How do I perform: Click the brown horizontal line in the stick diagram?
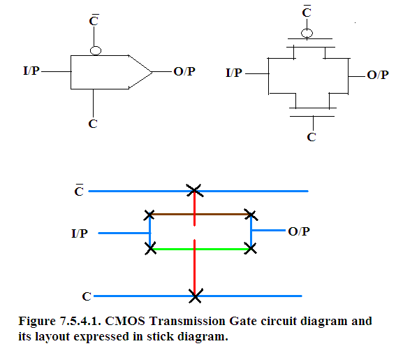(x=200, y=214)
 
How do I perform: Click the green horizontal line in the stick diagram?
(x=200, y=249)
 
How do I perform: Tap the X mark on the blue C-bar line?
(x=195, y=191)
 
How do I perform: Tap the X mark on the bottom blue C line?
(x=196, y=296)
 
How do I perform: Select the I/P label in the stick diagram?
(x=80, y=233)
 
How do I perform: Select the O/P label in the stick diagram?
(x=299, y=231)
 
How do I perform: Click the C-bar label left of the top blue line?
(x=79, y=190)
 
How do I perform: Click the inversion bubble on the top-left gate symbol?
(x=96, y=50)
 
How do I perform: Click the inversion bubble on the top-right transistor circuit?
(x=307, y=33)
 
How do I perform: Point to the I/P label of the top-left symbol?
(x=31, y=71)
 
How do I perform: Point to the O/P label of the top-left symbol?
(x=184, y=71)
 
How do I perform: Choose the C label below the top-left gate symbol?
(x=93, y=124)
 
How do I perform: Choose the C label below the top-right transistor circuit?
(x=312, y=137)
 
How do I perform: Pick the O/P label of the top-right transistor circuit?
(x=378, y=75)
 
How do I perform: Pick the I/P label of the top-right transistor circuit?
(x=234, y=73)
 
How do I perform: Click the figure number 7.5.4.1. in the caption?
(x=80, y=321)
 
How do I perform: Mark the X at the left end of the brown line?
(x=149, y=215)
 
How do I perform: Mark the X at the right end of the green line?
(x=251, y=249)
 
